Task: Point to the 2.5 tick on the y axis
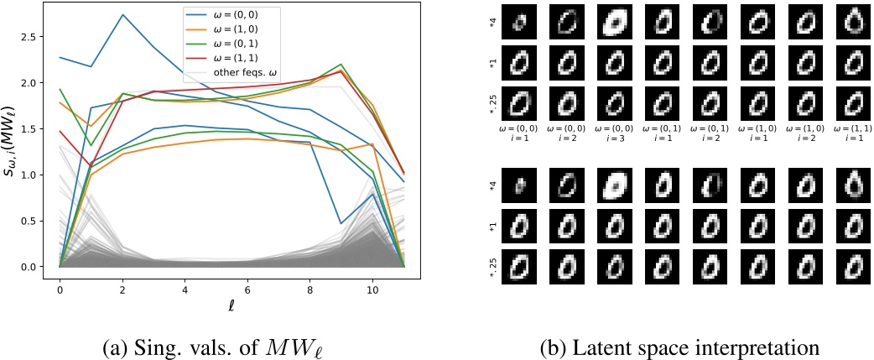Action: point(44,38)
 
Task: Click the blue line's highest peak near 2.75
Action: point(123,14)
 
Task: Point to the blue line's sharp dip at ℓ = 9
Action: point(340,224)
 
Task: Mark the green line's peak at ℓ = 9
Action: point(340,65)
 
